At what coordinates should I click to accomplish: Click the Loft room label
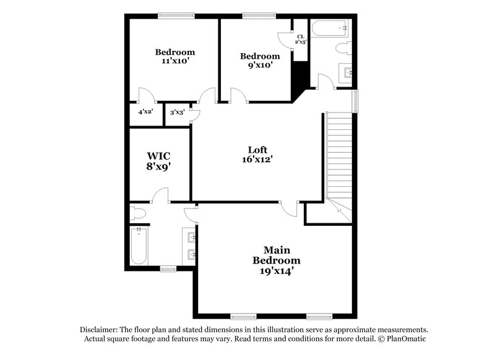257,149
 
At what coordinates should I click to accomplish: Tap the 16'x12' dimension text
257,159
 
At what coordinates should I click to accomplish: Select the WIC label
158,155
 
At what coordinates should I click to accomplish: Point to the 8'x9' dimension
158,166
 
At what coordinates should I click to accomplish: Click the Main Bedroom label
277,255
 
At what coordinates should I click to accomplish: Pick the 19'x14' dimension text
277,270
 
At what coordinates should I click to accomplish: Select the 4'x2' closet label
145,112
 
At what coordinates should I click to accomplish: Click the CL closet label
300,37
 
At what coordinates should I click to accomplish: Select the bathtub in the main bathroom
140,245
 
